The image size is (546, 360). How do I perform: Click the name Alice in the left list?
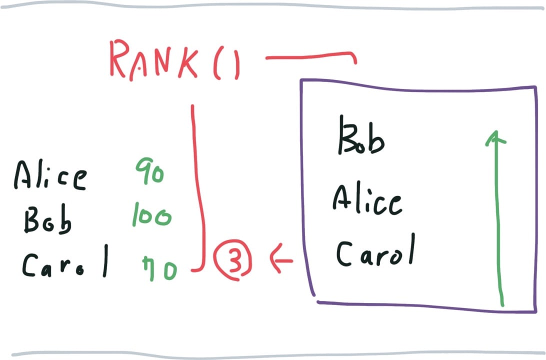pyautogui.click(x=50, y=175)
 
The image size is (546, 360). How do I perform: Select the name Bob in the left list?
pyautogui.click(x=47, y=219)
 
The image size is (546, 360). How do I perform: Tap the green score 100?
pyautogui.click(x=152, y=215)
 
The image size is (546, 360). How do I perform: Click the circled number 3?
pyautogui.click(x=232, y=259)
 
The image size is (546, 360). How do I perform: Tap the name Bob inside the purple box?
pyautogui.click(x=361, y=136)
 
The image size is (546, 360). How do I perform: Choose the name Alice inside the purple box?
pyautogui.click(x=367, y=199)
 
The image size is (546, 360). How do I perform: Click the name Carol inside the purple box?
pyautogui.click(x=376, y=250)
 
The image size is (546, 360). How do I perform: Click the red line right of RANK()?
pyautogui.click(x=311, y=56)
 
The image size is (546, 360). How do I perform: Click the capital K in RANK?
pyautogui.click(x=188, y=62)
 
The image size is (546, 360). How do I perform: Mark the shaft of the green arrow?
pyautogui.click(x=498, y=219)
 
